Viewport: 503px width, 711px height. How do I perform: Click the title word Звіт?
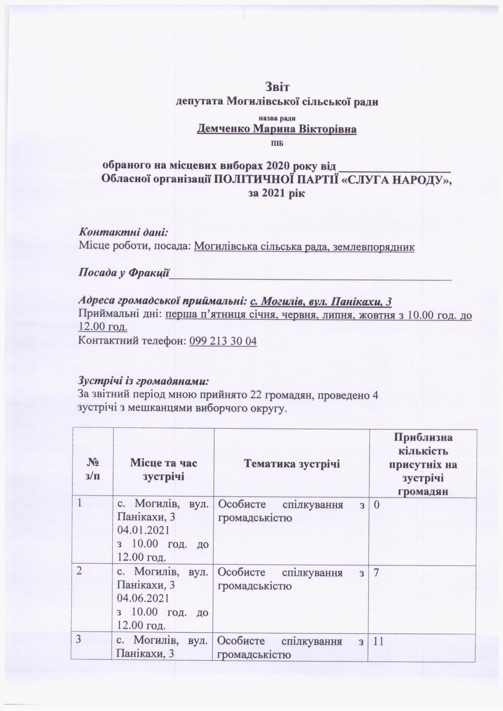pyautogui.click(x=277, y=87)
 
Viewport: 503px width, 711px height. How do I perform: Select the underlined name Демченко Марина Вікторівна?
pyautogui.click(x=277, y=129)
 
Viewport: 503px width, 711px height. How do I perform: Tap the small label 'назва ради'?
pyautogui.click(x=277, y=118)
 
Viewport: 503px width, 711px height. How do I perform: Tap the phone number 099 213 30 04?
pyautogui.click(x=223, y=341)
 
